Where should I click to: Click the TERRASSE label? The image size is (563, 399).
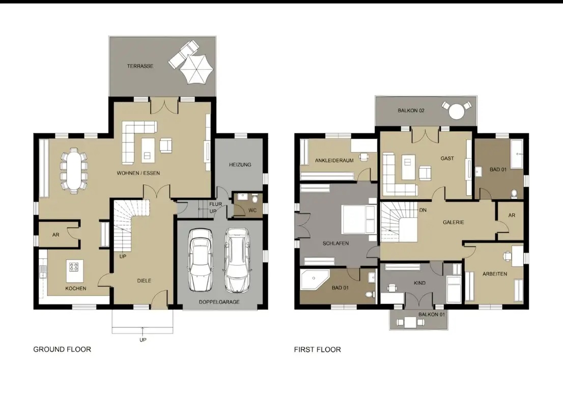tap(140, 66)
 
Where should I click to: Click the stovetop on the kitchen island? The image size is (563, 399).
tap(74, 267)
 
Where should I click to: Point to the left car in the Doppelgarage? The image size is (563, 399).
tap(201, 260)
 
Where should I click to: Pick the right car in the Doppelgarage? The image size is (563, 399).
tap(236, 260)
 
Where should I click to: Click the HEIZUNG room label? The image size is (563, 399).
tap(240, 165)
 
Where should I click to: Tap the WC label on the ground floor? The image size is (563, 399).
tap(252, 210)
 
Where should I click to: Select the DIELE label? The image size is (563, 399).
tap(144, 281)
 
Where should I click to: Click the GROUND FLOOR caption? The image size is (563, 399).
tap(62, 349)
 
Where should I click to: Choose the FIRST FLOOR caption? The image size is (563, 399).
tap(318, 350)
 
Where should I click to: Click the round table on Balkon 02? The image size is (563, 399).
tap(457, 111)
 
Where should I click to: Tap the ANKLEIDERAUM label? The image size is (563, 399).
tap(334, 161)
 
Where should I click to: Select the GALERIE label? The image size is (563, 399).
tap(454, 222)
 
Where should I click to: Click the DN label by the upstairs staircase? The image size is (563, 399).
tap(423, 210)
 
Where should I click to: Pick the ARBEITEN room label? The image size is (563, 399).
tap(495, 274)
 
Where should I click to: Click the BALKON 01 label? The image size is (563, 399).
tap(432, 315)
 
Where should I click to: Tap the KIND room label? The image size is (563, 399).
tap(420, 283)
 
